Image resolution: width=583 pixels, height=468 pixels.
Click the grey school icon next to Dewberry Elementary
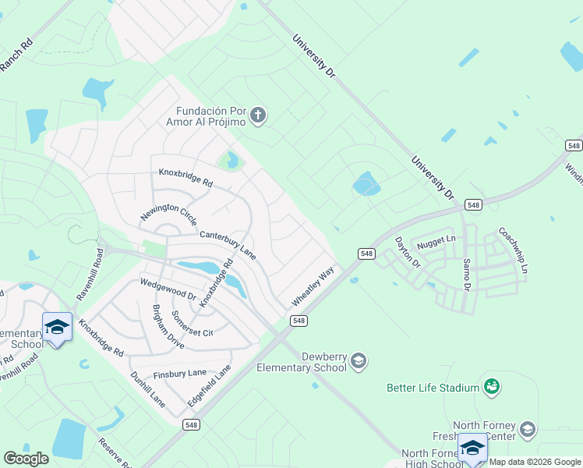coord(358,360)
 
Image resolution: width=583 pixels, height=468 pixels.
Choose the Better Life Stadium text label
coord(433,388)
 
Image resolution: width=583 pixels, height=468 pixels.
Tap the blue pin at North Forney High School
coord(472,448)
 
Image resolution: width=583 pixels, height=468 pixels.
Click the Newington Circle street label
coord(168,213)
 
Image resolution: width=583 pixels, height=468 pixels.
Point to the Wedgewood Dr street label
coord(168,289)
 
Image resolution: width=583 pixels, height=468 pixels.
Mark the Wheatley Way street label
coord(313,286)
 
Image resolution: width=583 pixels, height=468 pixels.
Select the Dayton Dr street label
coord(408,253)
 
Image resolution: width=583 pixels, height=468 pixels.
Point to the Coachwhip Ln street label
coord(514,250)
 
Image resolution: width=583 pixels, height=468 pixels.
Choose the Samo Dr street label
coord(467,275)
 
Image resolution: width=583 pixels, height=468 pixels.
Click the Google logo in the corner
coord(26,459)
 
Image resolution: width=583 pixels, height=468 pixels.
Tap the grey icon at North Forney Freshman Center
coord(528,429)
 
